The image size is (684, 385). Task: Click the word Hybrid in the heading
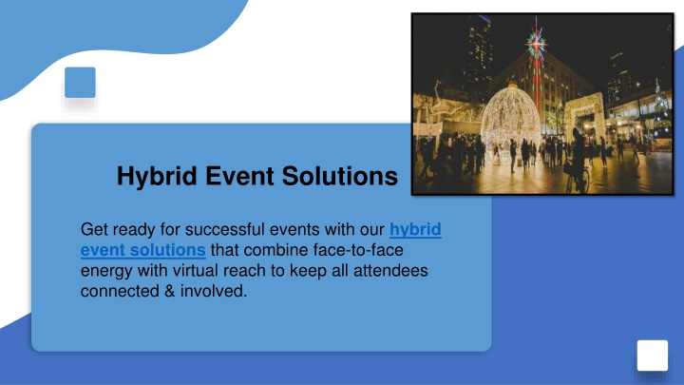tap(157, 177)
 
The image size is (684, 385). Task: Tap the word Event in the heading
tap(239, 176)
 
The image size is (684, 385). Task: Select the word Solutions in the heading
tap(340, 176)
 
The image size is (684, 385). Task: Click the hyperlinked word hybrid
tap(415, 230)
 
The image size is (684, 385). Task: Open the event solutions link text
tap(143, 250)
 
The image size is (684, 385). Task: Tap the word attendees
tap(390, 271)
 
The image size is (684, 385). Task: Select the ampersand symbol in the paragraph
tap(170, 291)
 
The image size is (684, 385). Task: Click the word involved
tap(214, 291)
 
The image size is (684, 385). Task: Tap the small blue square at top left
tap(80, 83)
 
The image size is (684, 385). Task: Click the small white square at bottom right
tap(653, 356)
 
